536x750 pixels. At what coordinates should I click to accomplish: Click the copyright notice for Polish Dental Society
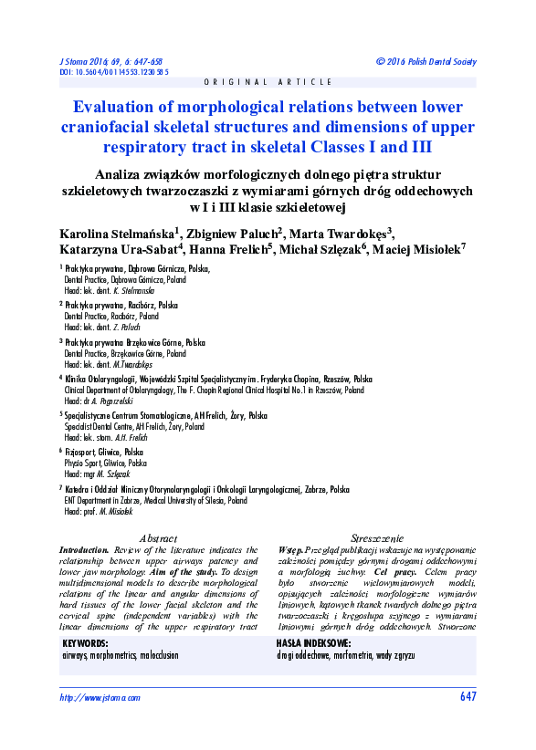(426, 61)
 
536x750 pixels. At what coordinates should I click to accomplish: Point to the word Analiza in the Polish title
(149, 173)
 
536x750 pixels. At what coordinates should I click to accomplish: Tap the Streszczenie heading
(377, 539)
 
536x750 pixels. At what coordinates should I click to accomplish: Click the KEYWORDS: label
(86, 644)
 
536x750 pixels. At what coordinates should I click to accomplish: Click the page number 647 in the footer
(468, 698)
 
